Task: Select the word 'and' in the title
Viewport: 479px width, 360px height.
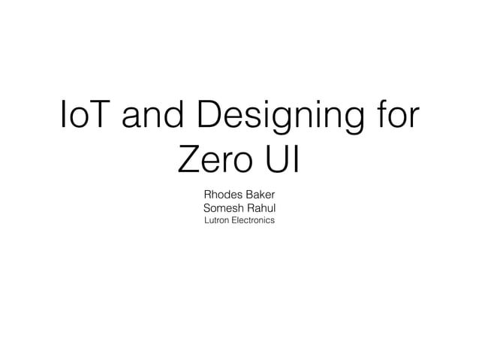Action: pyautogui.click(x=152, y=117)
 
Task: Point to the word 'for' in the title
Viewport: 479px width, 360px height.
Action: pyautogui.click(x=396, y=117)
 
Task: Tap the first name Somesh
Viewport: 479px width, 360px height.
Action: pyautogui.click(x=223, y=207)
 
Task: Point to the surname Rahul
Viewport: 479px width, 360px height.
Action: pyautogui.click(x=260, y=207)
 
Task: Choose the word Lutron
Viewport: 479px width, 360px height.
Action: pyautogui.click(x=217, y=221)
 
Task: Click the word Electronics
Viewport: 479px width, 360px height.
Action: pyautogui.click(x=253, y=221)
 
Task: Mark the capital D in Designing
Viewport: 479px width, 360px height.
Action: pyautogui.click(x=209, y=117)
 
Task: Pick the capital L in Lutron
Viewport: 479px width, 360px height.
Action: pyautogui.click(x=206, y=221)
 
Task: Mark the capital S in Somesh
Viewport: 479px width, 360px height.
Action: pyautogui.click(x=207, y=207)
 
